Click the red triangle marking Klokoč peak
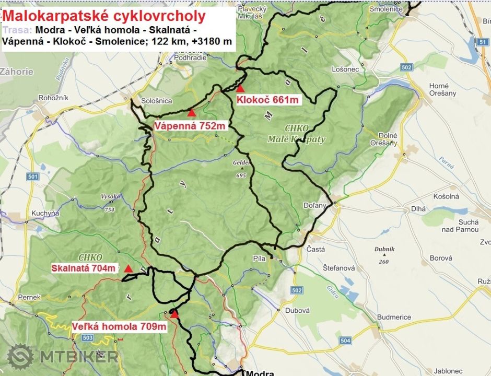240,88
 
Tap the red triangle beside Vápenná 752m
192,112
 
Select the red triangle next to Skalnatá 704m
128,268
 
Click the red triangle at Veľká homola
174,314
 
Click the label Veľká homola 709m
119,327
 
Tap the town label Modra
260,372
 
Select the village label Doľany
315,205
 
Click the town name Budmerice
394,316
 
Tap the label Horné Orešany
442,89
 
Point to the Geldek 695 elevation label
241,169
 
